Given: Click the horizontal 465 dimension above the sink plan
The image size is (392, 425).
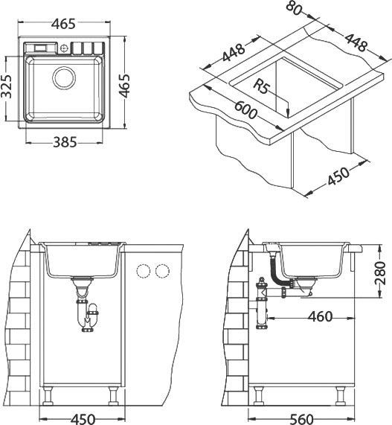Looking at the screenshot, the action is pyautogui.click(x=63, y=24).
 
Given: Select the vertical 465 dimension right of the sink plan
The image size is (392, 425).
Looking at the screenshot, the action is pyautogui.click(x=125, y=86).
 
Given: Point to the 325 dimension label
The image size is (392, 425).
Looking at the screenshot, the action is pyautogui.click(x=7, y=86).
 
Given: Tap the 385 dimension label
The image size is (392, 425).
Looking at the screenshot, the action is pyautogui.click(x=65, y=142).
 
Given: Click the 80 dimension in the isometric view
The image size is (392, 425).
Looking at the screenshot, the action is pyautogui.click(x=294, y=8).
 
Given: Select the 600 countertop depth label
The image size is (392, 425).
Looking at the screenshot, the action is pyautogui.click(x=245, y=109).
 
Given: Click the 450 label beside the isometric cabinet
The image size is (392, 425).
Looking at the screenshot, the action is pyautogui.click(x=338, y=176).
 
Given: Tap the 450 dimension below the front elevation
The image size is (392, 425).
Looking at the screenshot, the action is pyautogui.click(x=83, y=419).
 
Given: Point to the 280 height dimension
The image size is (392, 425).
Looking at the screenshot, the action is pyautogui.click(x=380, y=273).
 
